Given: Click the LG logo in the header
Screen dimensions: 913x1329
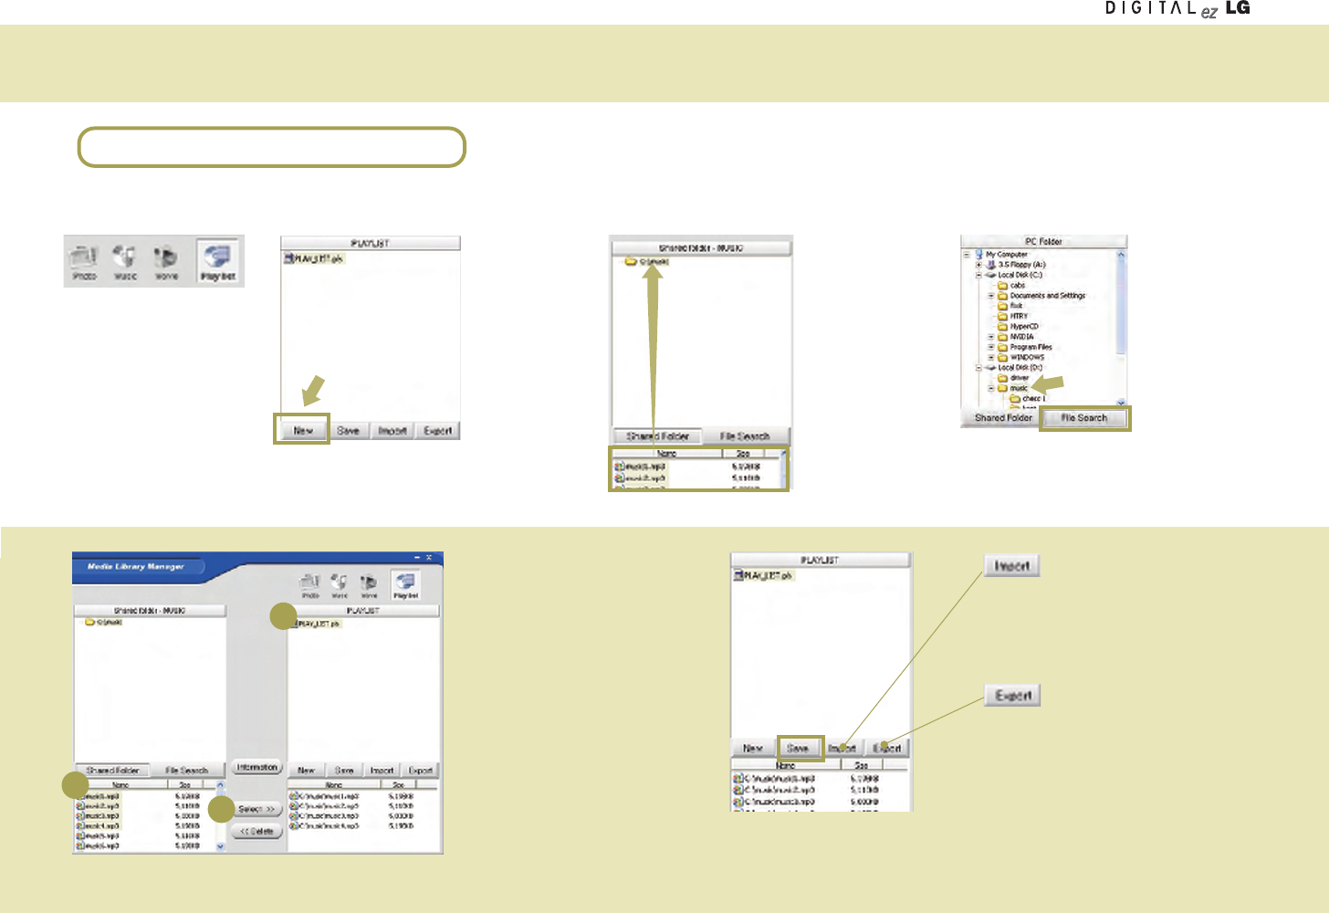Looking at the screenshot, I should tap(1238, 8).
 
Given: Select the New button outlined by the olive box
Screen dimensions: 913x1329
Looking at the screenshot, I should tap(302, 430).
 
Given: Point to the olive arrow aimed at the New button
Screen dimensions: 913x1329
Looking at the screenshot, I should tap(313, 389).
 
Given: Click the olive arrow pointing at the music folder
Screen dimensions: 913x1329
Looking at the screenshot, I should tap(1048, 384).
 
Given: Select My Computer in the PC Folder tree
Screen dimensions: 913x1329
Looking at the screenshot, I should tap(1006, 255).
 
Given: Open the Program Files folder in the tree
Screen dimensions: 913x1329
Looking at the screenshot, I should tap(1031, 347).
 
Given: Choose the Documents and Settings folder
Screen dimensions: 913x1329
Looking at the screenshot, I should tap(1047, 296).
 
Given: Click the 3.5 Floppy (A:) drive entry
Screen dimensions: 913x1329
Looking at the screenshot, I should tap(1021, 265).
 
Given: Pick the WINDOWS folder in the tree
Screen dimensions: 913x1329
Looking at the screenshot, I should tap(1027, 357).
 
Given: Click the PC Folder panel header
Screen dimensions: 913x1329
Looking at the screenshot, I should tap(1043, 242).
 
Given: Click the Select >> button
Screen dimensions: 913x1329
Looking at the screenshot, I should tap(256, 809).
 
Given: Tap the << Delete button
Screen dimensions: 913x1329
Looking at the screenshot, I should tap(256, 832).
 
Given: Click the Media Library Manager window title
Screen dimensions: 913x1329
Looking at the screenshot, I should tap(135, 567).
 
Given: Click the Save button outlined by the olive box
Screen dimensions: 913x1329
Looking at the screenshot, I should tap(799, 748).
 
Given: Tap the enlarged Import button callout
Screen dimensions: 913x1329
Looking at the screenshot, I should tap(1011, 566).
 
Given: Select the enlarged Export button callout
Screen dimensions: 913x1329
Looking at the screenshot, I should tap(1012, 696).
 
